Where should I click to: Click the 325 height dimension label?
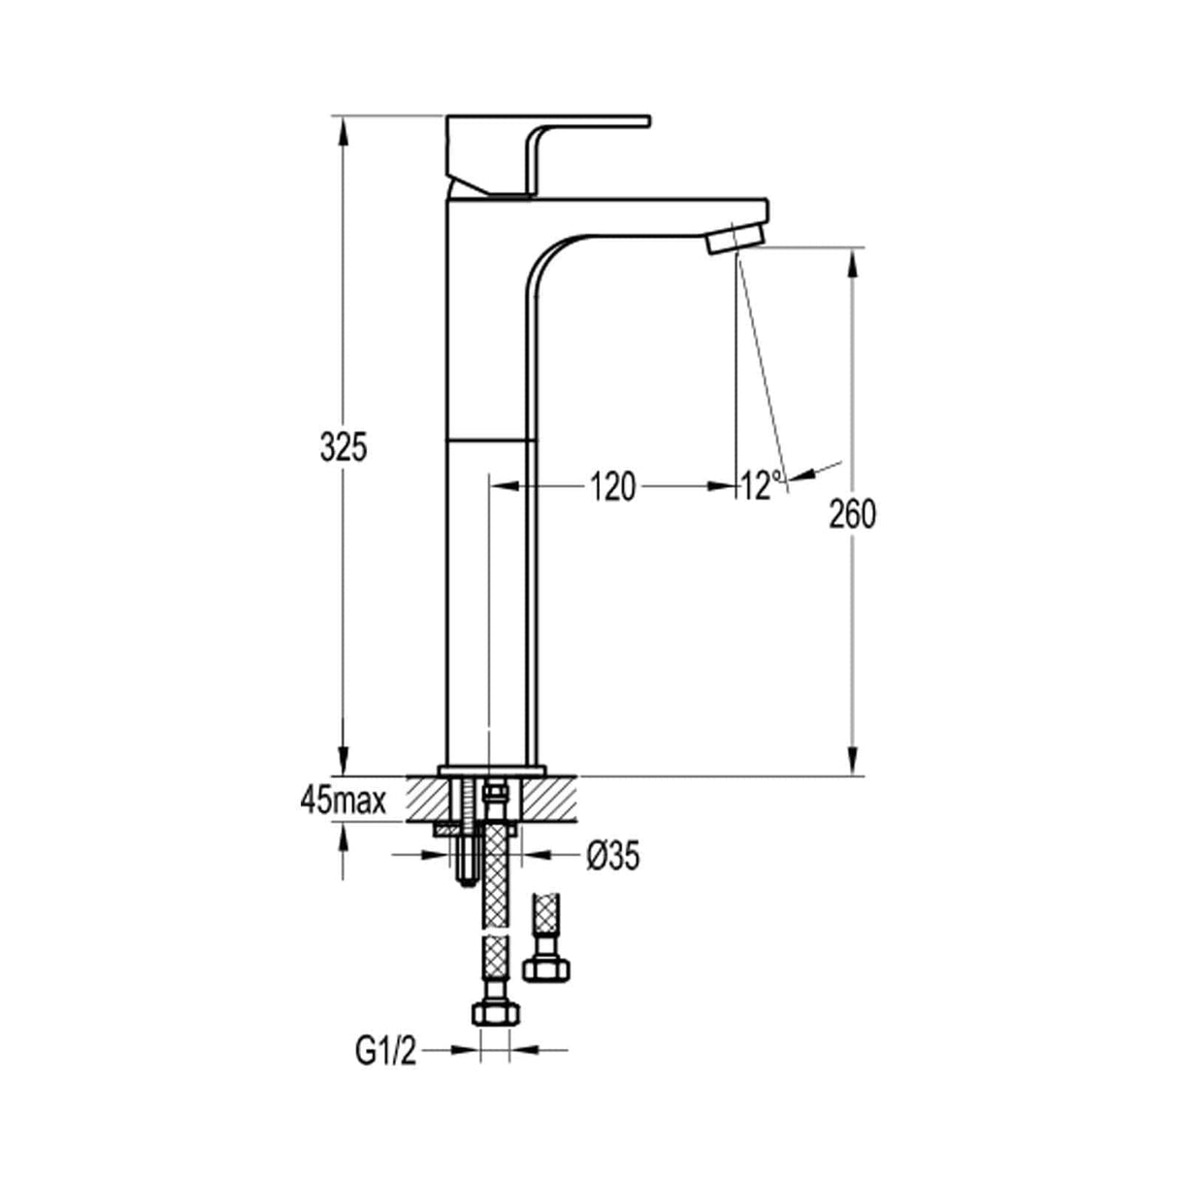tap(344, 447)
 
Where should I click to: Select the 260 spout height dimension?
tap(852, 514)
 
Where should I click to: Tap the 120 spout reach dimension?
tap(613, 486)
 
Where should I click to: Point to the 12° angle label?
tap(761, 484)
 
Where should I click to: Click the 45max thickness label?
tap(344, 802)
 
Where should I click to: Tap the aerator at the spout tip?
tap(735, 239)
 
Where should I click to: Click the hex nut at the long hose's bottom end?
tap(493, 1012)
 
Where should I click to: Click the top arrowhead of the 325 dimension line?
tap(342, 130)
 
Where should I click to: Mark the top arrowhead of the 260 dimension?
tap(852, 262)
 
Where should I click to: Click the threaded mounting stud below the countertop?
tap(463, 854)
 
